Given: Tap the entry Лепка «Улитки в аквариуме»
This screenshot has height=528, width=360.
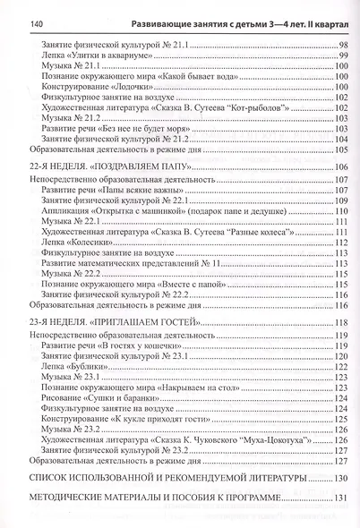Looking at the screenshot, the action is pyautogui.click(x=86, y=55).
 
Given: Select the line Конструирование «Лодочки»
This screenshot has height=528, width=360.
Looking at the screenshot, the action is pyautogui.click(x=86, y=90).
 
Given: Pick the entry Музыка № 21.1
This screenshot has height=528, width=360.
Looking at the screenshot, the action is pyautogui.click(x=71, y=67).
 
